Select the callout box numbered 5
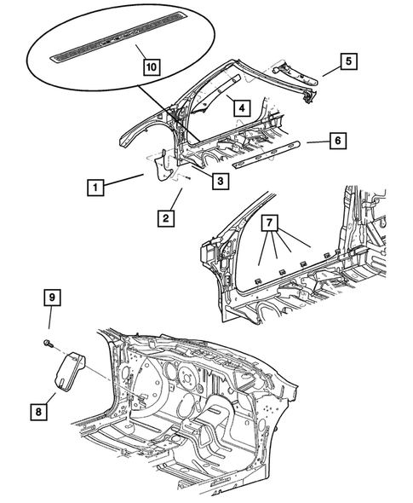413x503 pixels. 348,61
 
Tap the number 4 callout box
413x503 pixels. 242,108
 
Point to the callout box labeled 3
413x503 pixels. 219,181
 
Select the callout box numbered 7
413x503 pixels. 270,224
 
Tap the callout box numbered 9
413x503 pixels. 51,298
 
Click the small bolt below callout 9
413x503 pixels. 47,344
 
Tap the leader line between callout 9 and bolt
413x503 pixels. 49,322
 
